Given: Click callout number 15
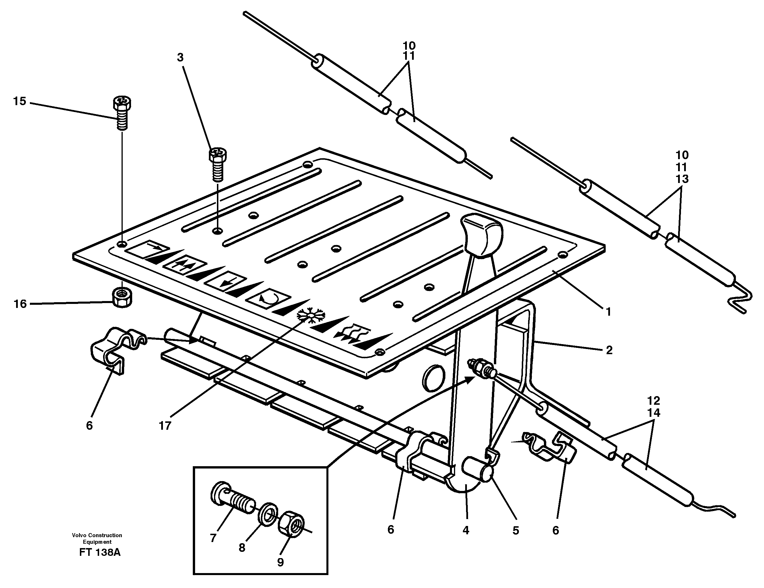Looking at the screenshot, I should pyautogui.click(x=20, y=101).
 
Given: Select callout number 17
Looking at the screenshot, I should pyautogui.click(x=165, y=426).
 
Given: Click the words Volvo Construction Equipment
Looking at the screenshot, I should pyautogui.click(x=97, y=538).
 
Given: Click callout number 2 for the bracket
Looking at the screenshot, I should pyautogui.click(x=609, y=350).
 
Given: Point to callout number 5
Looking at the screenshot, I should pyautogui.click(x=516, y=531).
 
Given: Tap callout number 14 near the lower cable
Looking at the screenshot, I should pyautogui.click(x=653, y=413).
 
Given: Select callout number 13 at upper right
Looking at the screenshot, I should pyautogui.click(x=682, y=179).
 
